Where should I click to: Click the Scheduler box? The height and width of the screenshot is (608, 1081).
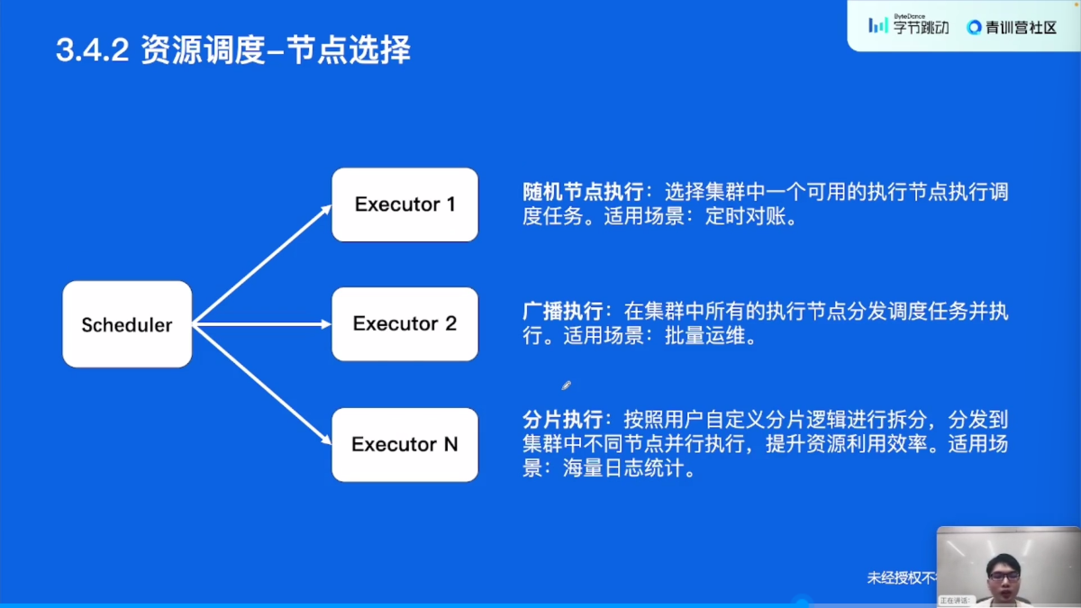click(127, 324)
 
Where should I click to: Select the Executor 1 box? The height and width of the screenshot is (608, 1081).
click(404, 204)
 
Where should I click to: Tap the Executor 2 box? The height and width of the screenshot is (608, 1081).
click(404, 324)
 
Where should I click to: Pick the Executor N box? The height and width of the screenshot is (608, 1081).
click(404, 444)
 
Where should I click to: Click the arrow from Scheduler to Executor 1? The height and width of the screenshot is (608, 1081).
click(261, 266)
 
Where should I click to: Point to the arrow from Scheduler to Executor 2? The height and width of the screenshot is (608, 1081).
click(261, 324)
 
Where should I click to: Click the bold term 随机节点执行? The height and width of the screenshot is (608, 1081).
click(583, 193)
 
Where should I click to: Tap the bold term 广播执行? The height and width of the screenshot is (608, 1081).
click(563, 312)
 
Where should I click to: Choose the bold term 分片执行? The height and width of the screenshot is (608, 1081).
click(563, 420)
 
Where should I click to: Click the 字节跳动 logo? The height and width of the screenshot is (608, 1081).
click(908, 26)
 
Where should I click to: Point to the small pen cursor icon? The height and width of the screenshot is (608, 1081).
click(566, 386)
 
